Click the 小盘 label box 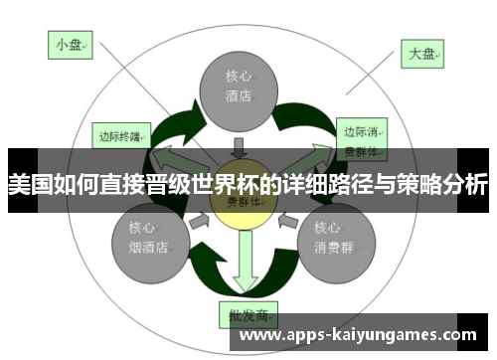pyautogui.click(x=71, y=44)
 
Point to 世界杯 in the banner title pyautogui.click(x=224, y=185)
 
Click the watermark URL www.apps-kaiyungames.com pyautogui.click(x=360, y=336)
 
